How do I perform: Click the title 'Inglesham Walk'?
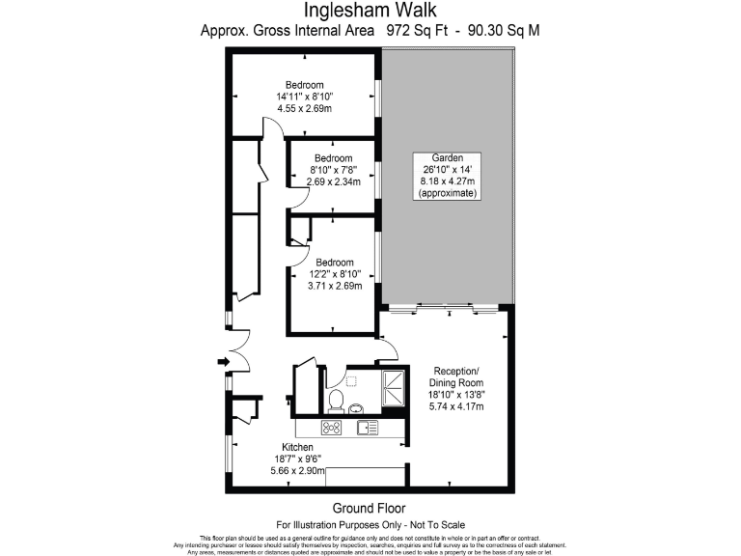click(x=370, y=11)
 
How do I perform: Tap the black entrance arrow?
click(x=223, y=362)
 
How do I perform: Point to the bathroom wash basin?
click(x=355, y=406)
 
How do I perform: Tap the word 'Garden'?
click(x=448, y=157)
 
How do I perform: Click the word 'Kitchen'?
click(x=298, y=448)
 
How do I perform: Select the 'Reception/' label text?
click(x=458, y=372)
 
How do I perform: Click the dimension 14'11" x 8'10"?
click(x=304, y=97)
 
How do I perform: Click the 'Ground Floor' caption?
click(x=370, y=508)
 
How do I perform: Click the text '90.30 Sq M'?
click(x=504, y=31)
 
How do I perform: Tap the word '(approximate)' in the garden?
click(x=448, y=193)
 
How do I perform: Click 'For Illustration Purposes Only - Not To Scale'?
click(x=370, y=523)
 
